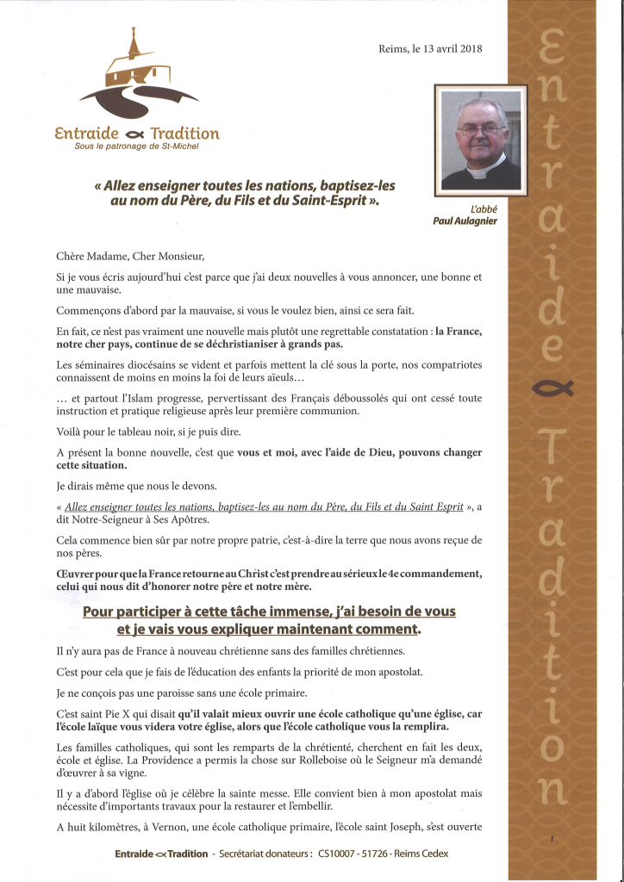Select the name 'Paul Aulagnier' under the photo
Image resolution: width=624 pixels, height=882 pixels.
(466, 220)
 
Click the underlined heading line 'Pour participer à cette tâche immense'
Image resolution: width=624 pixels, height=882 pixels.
(269, 612)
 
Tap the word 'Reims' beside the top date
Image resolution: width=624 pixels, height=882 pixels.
(396, 49)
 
